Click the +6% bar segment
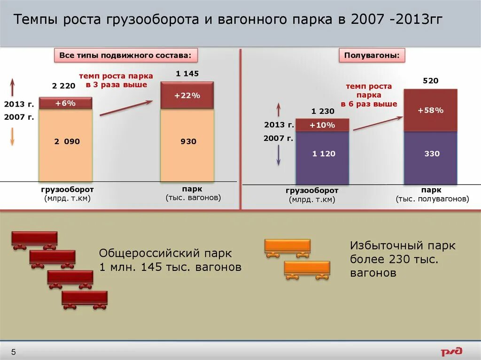click(65, 103)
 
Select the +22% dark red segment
click(187, 95)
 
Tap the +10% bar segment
click(322, 125)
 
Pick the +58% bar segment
click(430, 110)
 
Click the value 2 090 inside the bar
click(66, 141)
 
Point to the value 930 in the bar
click(188, 141)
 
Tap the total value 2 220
click(63, 86)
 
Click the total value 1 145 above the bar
click(187, 73)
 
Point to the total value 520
click(430, 81)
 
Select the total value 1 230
click(323, 111)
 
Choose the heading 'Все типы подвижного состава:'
click(125, 55)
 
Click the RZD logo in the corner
click(451, 351)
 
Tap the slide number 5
click(14, 352)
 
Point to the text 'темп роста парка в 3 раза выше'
click(116, 80)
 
